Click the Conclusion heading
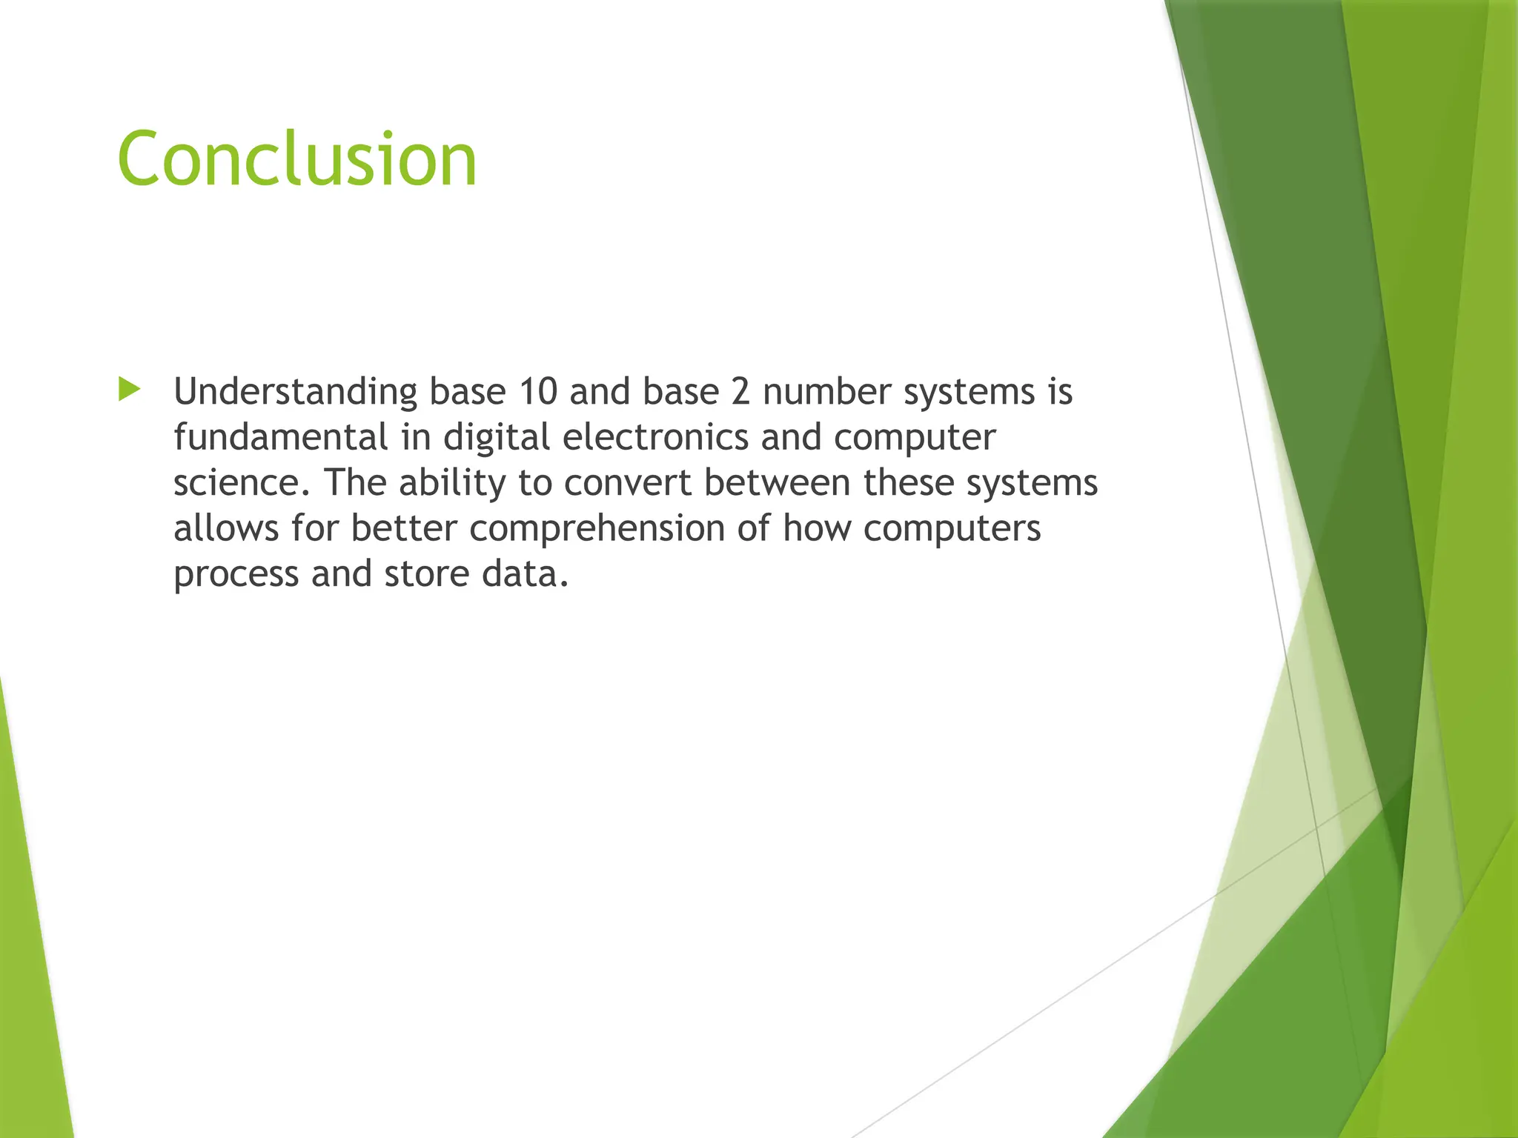coord(296,159)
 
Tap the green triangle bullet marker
coord(129,390)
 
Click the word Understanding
coord(295,393)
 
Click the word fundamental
coord(280,437)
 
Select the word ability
coord(451,483)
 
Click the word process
coord(236,575)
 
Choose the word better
coord(403,529)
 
